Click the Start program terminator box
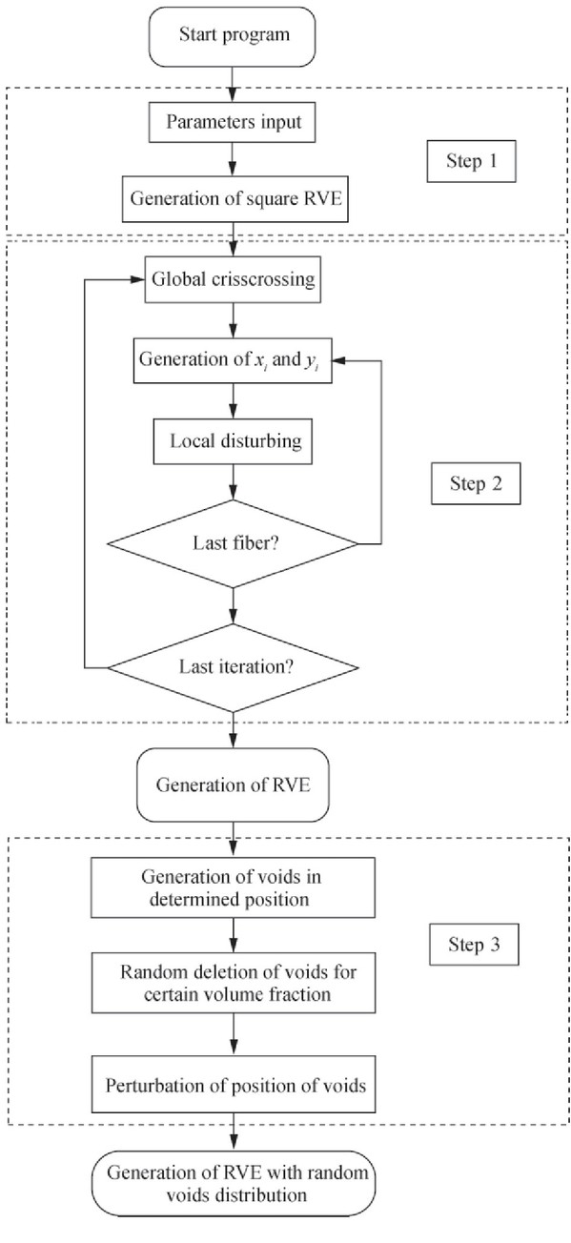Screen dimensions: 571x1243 point(232,37)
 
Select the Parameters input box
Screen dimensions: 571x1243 point(232,122)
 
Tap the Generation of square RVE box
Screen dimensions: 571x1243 point(235,199)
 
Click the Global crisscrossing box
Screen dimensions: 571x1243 point(233,279)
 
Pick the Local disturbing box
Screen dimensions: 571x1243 point(233,441)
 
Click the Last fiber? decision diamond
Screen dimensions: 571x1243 point(233,543)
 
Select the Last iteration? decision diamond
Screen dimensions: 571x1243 point(233,668)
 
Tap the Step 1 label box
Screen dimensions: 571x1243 point(472,161)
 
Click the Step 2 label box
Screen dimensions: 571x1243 point(476,484)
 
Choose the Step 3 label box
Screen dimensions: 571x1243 point(475,945)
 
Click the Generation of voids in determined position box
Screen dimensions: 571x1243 point(233,887)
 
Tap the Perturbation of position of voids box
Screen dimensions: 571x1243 point(234,1085)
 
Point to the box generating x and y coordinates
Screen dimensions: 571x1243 point(233,360)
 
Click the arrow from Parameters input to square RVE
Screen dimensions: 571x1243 point(233,159)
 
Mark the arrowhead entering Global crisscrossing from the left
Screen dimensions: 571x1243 point(138,279)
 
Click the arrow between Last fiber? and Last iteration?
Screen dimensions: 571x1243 point(233,606)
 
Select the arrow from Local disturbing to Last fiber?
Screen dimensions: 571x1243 point(233,482)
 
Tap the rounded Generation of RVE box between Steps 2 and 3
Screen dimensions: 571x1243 point(233,785)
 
